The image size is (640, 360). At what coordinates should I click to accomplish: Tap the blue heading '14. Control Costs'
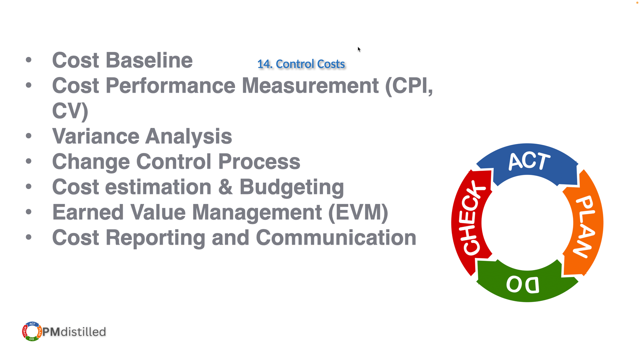click(x=301, y=64)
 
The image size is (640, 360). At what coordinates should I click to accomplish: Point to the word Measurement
click(x=310, y=86)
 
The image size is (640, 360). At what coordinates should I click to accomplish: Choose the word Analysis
click(x=189, y=137)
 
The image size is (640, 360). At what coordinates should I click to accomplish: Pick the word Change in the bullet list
click(x=91, y=162)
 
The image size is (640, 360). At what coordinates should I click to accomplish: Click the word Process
click(x=259, y=162)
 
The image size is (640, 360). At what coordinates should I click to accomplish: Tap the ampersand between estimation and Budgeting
click(x=225, y=187)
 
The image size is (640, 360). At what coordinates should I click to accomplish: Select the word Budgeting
click(x=292, y=187)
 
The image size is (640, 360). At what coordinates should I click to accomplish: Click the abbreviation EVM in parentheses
click(x=358, y=213)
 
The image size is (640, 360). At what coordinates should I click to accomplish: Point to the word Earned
click(x=88, y=212)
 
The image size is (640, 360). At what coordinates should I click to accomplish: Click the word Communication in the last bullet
click(x=336, y=238)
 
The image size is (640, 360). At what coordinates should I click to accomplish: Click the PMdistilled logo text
click(x=74, y=332)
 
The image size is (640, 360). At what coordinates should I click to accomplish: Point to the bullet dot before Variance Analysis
click(x=29, y=136)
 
